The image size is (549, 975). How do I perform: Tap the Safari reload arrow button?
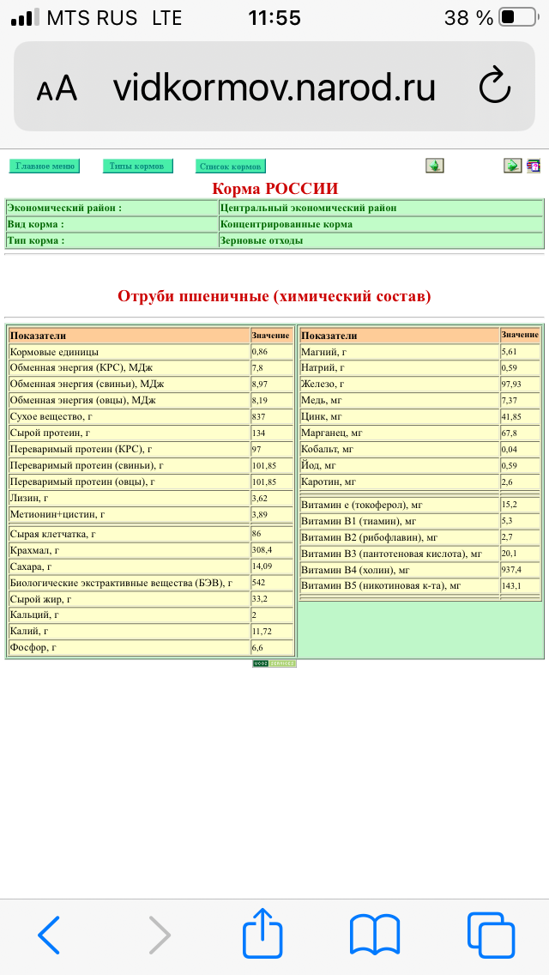click(494, 87)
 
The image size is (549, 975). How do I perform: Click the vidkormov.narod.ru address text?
click(274, 88)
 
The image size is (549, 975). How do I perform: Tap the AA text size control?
click(57, 88)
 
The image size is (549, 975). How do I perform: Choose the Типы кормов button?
click(137, 166)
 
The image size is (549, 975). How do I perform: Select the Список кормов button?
click(230, 167)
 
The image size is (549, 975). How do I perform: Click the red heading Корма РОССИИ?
click(274, 189)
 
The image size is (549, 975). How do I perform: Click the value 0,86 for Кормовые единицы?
click(260, 352)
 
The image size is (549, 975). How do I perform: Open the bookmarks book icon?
click(375, 934)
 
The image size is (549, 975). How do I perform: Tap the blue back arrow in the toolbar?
click(50, 934)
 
